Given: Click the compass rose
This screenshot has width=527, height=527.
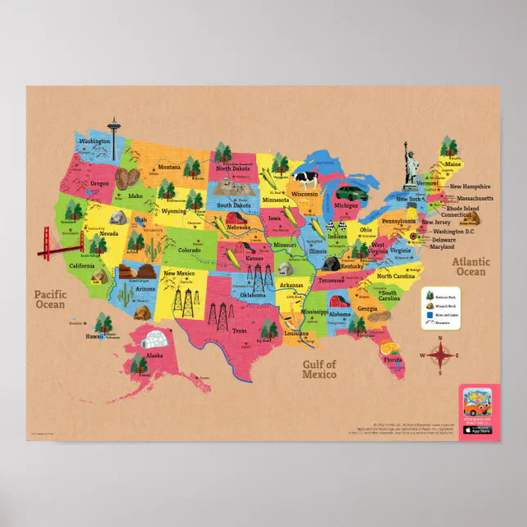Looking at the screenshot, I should pos(440,354).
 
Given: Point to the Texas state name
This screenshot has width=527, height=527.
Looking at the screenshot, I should pos(239,331).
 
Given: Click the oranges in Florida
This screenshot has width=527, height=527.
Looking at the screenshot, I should pos(388,346).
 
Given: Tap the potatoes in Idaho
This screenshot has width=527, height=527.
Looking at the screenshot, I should pos(127,178).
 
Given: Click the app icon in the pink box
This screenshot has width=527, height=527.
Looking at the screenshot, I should pos(477,407).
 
